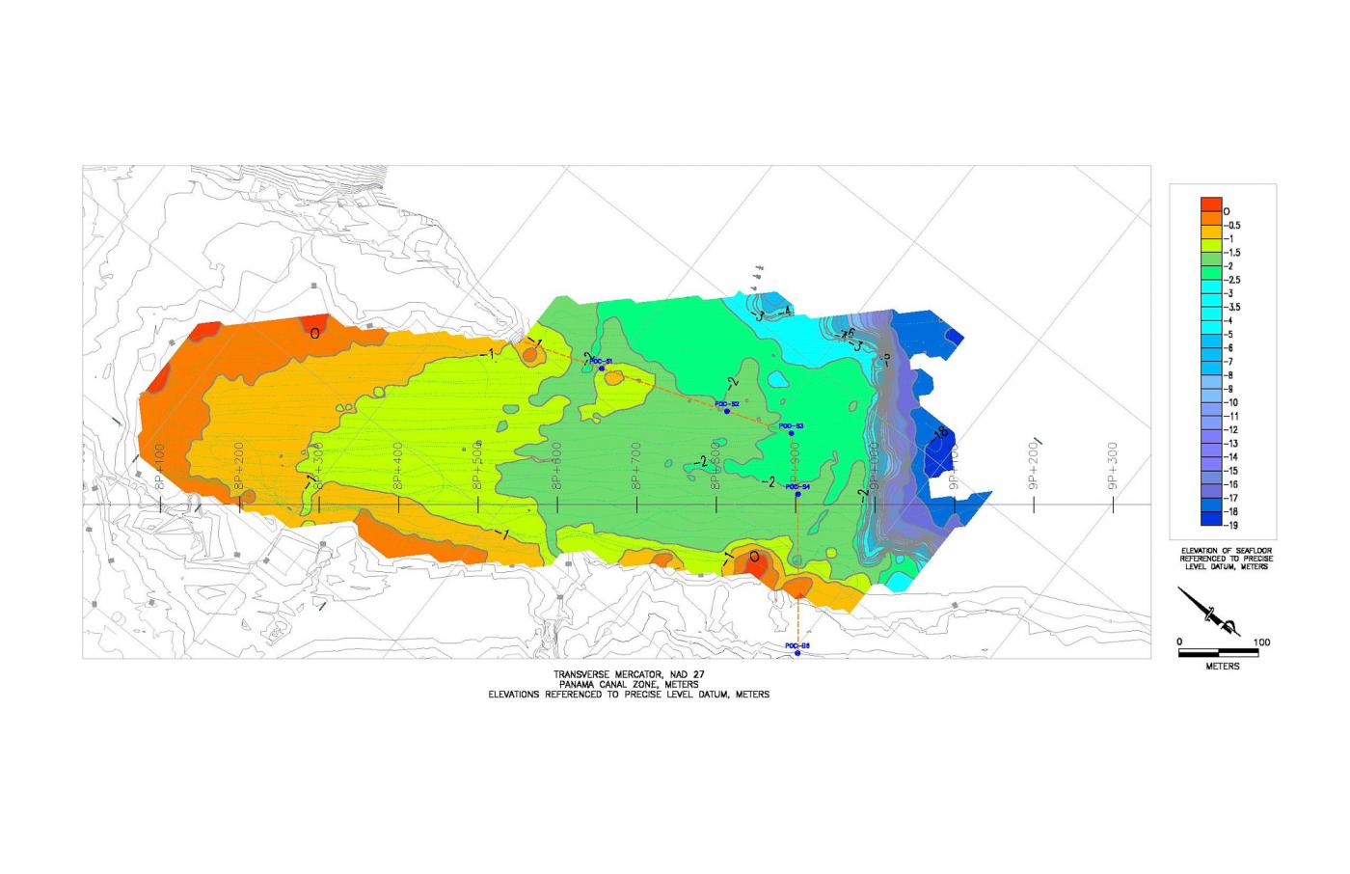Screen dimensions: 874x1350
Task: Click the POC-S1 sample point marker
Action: coord(601,369)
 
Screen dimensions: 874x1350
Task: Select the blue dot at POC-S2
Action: coord(726,411)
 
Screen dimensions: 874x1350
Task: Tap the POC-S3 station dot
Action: coord(792,433)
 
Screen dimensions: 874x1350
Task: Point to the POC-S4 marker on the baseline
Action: coord(797,495)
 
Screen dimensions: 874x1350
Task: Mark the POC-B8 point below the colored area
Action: coord(797,654)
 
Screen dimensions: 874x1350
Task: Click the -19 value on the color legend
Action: coord(1231,526)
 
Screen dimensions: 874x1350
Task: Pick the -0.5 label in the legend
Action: coord(1232,225)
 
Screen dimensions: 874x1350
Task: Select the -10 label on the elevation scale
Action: coord(1231,402)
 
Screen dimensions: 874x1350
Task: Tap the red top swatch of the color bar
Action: coord(1210,207)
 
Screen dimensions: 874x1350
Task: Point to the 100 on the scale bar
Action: coord(1261,642)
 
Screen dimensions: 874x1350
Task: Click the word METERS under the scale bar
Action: coord(1222,667)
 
